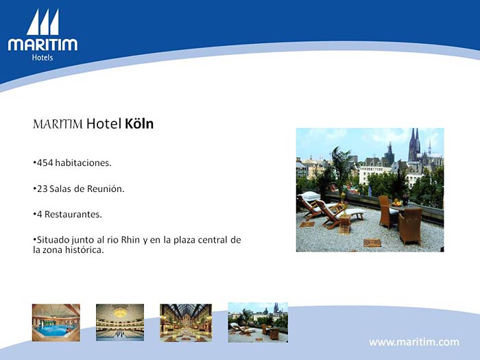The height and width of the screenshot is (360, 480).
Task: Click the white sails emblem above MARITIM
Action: [43, 22]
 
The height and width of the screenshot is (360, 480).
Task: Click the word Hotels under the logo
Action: [43, 58]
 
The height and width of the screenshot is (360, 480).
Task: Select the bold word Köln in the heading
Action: [139, 123]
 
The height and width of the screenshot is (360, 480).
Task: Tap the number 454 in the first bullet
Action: [45, 163]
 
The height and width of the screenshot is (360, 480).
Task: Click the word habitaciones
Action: [83, 163]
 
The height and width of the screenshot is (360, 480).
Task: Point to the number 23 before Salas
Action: [43, 189]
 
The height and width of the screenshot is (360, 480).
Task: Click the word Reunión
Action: [106, 189]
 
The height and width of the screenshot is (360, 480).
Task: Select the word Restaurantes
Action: [73, 214]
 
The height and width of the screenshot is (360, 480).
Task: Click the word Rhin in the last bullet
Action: [130, 240]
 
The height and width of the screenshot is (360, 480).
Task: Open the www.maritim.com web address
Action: [414, 342]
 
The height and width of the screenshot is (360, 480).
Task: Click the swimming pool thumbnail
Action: [56, 323]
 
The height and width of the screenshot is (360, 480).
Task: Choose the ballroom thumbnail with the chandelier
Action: [120, 322]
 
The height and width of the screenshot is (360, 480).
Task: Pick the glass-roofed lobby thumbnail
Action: [186, 323]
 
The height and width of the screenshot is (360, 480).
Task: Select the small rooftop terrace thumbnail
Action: [258, 323]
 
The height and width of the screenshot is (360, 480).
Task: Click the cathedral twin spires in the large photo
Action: [414, 145]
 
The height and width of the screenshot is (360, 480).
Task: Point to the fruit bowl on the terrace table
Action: [396, 203]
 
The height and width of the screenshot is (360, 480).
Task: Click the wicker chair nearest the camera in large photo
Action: [410, 226]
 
